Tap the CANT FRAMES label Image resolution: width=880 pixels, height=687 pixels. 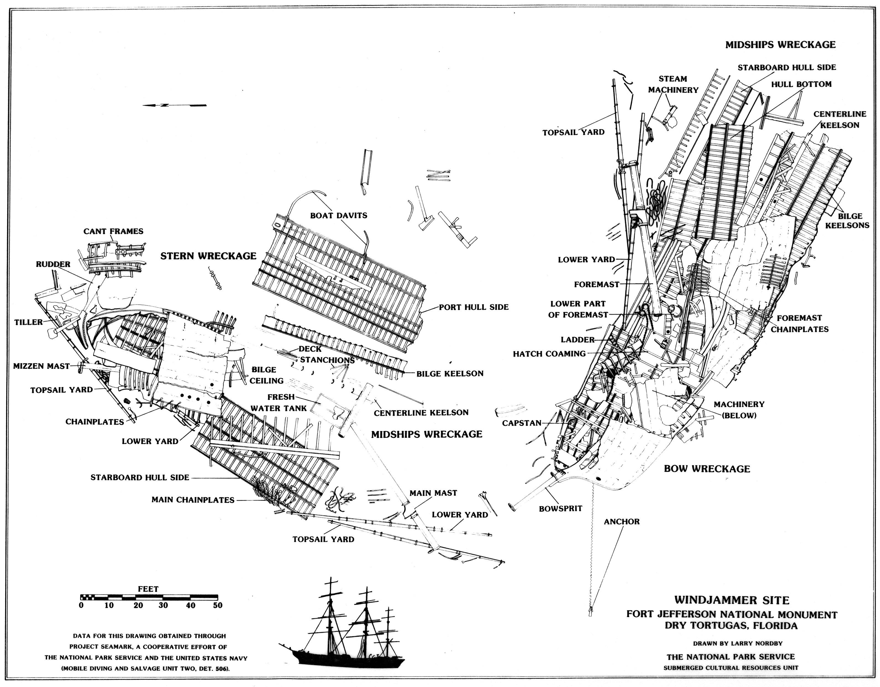[113, 231]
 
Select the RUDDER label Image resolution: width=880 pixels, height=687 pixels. [53, 264]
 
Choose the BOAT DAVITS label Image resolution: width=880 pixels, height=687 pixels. [338, 215]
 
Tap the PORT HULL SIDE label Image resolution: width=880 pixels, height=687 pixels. [474, 307]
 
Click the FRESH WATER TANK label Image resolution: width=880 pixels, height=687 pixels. [279, 402]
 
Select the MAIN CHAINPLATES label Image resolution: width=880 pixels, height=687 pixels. [193, 500]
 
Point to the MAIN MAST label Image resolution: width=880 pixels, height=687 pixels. [433, 493]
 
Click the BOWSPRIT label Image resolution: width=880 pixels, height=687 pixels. [561, 509]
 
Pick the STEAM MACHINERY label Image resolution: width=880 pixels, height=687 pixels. [673, 84]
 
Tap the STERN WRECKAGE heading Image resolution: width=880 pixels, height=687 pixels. [208, 256]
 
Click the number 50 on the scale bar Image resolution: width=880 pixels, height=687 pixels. [218, 605]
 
